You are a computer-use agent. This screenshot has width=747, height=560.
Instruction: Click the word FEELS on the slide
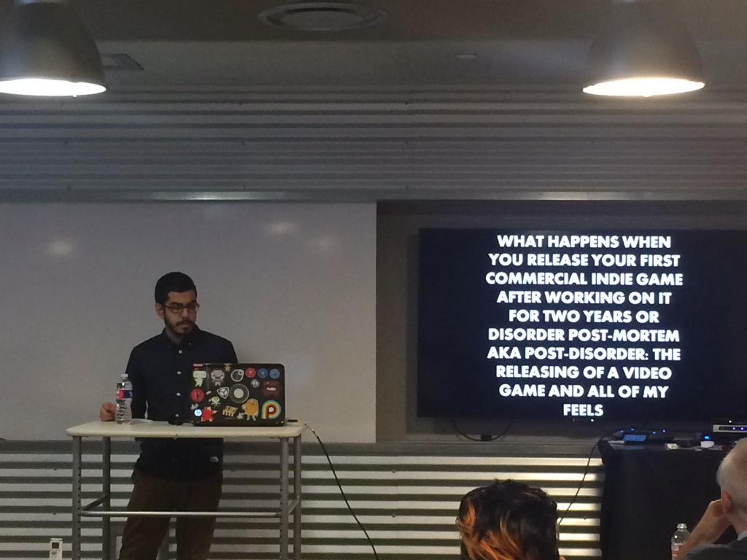pos(583,409)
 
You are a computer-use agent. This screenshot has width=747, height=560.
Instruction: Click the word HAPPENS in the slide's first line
pos(584,241)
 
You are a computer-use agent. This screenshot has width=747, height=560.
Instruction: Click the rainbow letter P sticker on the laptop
pos(271,410)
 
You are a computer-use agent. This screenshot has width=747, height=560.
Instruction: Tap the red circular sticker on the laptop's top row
pos(251,373)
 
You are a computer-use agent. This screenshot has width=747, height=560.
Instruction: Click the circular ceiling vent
pos(322,16)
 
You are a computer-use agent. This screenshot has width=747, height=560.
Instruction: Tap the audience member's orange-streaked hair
pos(507,522)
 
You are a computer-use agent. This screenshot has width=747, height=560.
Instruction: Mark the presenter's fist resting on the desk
pos(108,412)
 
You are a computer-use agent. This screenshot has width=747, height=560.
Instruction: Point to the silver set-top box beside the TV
pos(729,427)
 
